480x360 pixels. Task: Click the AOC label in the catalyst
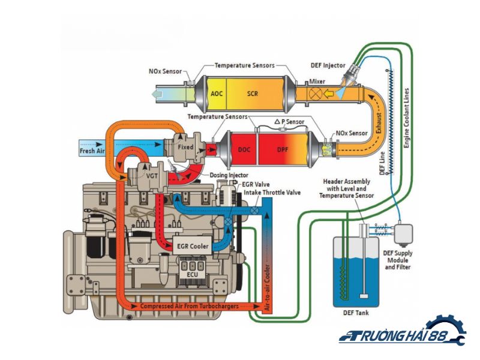[217, 94]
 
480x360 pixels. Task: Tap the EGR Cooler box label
[193, 246]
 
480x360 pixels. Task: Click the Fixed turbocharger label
[186, 146]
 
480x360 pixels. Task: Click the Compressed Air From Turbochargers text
[188, 306]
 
